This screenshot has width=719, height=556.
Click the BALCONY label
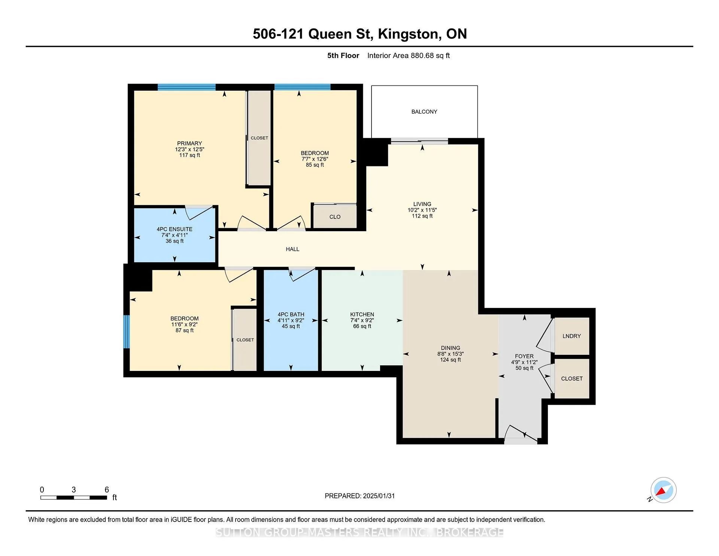[x=424, y=112]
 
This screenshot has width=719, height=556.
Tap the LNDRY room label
[x=571, y=336]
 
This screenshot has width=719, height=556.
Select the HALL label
[x=292, y=249]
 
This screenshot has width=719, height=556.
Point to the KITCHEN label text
[x=362, y=314]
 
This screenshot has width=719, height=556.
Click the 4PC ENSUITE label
[x=175, y=229]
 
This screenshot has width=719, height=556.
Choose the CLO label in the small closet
[x=335, y=217]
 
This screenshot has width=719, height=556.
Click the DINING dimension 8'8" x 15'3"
[x=450, y=354]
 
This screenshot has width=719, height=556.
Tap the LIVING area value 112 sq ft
[x=422, y=216]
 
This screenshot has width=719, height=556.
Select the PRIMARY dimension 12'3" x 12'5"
[x=189, y=149]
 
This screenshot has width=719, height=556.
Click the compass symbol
[x=663, y=490]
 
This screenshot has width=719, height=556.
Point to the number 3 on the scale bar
[x=74, y=490]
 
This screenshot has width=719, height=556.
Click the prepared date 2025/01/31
[x=379, y=496]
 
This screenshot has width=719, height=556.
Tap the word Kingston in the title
[x=408, y=34]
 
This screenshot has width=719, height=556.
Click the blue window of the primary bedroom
[x=186, y=87]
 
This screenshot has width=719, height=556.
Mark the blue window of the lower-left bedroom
[x=127, y=332]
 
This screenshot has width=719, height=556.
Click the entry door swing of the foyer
[x=521, y=435]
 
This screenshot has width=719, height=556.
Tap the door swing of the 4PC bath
[x=302, y=274]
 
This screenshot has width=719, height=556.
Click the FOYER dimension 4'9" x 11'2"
[x=524, y=362]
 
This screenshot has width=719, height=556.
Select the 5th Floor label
[x=343, y=55]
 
